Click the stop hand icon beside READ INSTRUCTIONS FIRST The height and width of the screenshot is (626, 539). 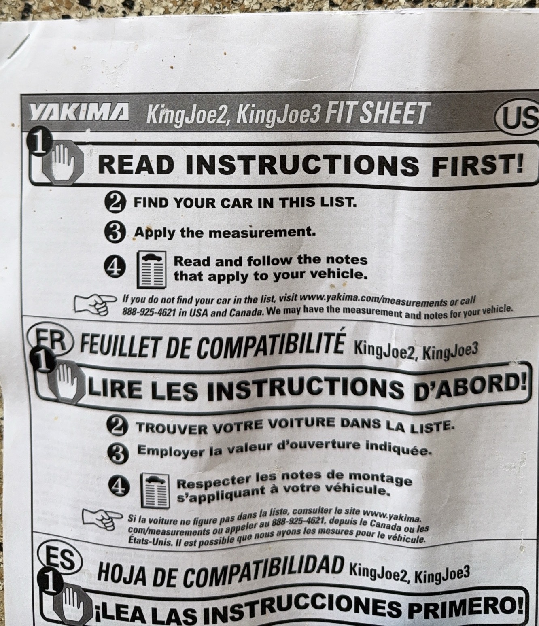pyautogui.click(x=62, y=162)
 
